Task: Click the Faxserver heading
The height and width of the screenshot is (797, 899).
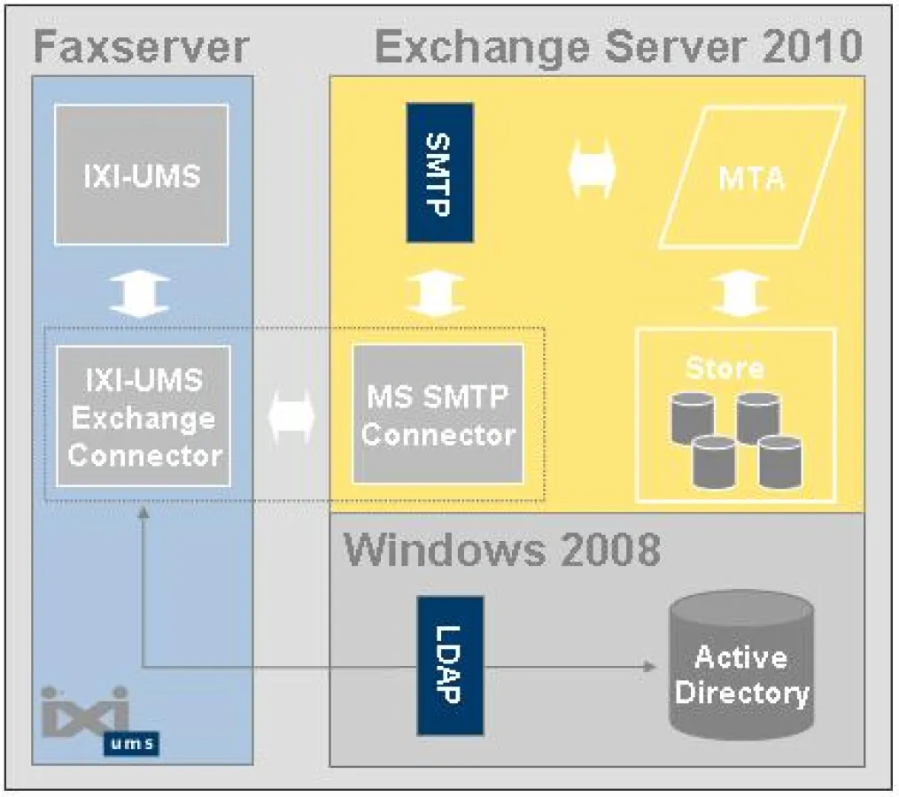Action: click(141, 46)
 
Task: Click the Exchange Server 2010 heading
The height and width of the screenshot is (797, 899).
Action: click(618, 46)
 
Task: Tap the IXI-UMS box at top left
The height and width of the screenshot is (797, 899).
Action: click(142, 174)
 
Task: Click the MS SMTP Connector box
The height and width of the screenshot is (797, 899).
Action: click(438, 414)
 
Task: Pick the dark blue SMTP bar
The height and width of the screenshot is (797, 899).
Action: click(439, 173)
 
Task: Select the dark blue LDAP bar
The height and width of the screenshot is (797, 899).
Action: click(450, 665)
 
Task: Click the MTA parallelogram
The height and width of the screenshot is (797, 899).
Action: click(750, 176)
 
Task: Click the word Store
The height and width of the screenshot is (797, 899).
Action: click(724, 367)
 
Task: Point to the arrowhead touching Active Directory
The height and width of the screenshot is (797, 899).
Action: click(650, 666)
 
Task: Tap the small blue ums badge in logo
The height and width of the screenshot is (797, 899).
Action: click(131, 743)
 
